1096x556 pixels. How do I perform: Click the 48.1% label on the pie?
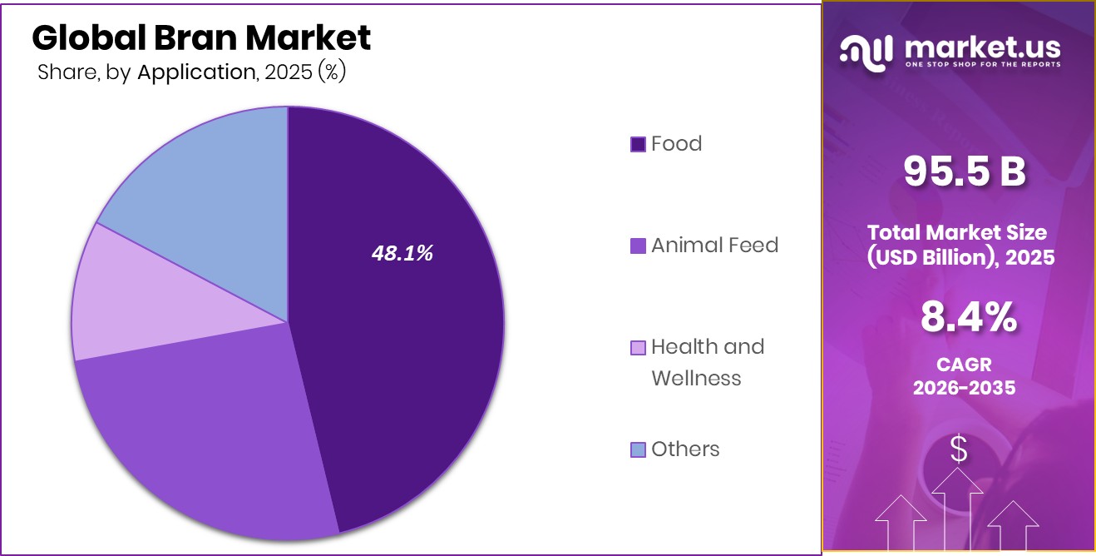(402, 254)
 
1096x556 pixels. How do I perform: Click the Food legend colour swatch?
(638, 144)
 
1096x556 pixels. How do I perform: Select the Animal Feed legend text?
(714, 246)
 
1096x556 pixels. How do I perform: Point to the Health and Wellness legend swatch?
(638, 347)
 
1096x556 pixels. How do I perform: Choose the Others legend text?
(685, 449)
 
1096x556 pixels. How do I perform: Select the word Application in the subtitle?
(196, 72)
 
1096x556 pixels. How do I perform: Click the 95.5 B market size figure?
(965, 171)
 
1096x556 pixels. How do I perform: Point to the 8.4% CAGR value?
(968, 317)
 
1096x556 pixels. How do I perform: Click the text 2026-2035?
(965, 388)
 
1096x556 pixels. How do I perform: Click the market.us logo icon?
(866, 52)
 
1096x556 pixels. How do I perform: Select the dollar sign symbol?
(959, 449)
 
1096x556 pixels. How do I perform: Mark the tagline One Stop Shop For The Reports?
(983, 64)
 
